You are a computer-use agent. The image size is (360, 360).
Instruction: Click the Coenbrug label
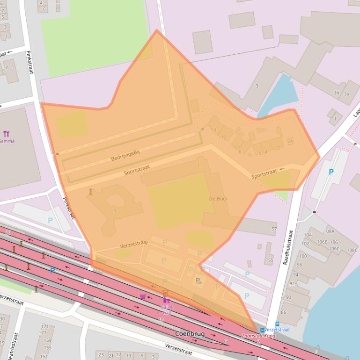pos(191,334)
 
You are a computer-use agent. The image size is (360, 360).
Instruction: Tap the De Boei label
pos(218,199)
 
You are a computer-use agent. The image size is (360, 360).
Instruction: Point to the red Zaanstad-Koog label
pos(257,336)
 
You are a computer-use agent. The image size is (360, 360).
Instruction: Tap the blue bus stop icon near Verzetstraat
pos(262,330)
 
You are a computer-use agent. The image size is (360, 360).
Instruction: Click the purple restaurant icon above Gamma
pos(6,134)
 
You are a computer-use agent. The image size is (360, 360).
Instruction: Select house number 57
pos(274,229)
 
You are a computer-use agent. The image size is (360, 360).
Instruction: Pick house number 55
pos(271,260)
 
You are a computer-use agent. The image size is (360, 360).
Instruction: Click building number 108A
pos(329,231)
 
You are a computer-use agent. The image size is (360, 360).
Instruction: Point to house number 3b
pos(336,93)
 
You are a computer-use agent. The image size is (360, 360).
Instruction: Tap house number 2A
pos(290,141)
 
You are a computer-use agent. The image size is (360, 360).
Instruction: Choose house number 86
pos(283,312)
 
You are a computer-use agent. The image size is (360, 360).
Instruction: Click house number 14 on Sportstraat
pos(214,130)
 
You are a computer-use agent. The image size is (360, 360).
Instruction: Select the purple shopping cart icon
pos(143,296)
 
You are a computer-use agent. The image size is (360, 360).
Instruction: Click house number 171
pos(45,326)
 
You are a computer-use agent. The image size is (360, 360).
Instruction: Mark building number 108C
pos(352,250)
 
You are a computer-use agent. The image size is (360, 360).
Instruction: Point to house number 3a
pos(346,94)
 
